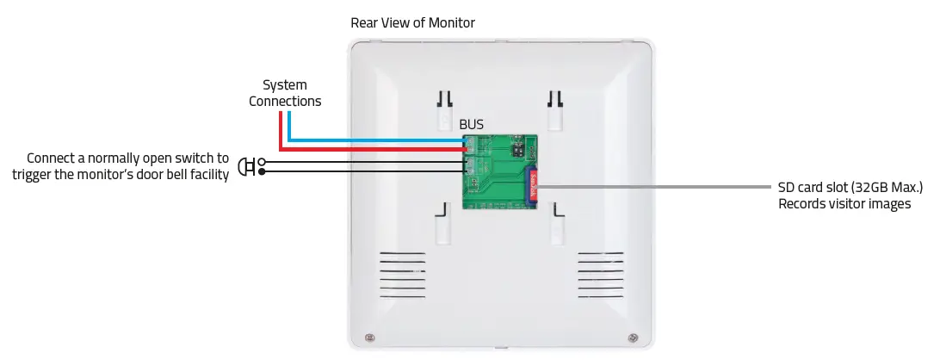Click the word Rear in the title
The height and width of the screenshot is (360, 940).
tap(364, 23)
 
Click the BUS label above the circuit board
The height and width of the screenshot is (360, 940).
tap(471, 124)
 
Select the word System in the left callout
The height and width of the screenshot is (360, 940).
tap(285, 85)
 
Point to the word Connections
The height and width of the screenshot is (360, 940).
tap(285, 102)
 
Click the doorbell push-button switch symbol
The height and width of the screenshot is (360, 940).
tap(245, 166)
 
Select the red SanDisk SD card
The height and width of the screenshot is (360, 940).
tap(531, 184)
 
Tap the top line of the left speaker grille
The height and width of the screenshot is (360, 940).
tap(403, 254)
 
